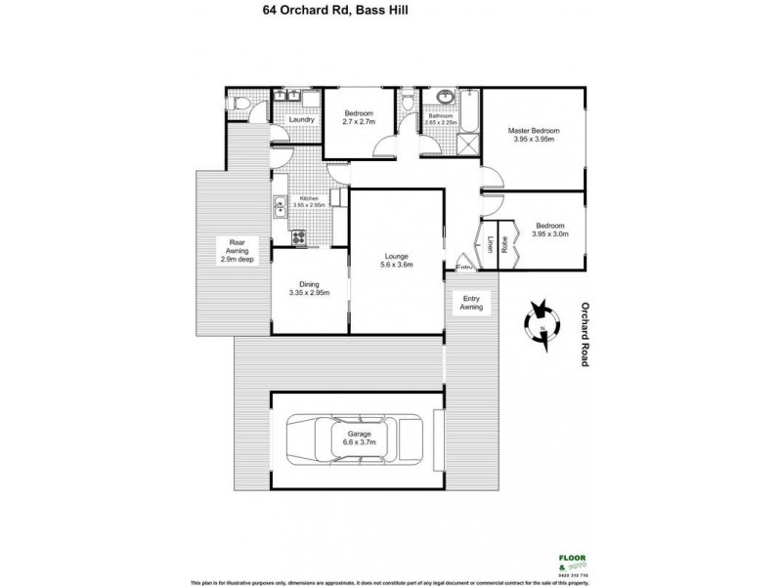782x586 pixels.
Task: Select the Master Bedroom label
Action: pos(533,135)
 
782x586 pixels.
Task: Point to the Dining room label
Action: pos(309,288)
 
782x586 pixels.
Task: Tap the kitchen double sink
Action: pos(280,206)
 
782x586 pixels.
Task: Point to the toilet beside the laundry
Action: pos(239,104)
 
